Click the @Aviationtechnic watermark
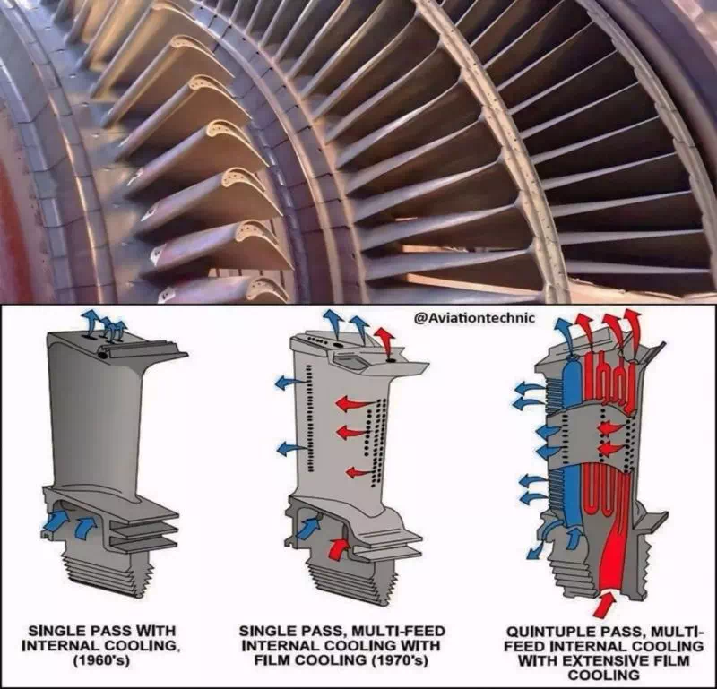pos(474,318)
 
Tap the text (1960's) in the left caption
pos(102,660)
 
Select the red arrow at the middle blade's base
pos(338,547)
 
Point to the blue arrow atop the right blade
pos(564,334)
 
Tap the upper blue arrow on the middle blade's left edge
pos(289,382)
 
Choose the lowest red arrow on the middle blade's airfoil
pos(359,472)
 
